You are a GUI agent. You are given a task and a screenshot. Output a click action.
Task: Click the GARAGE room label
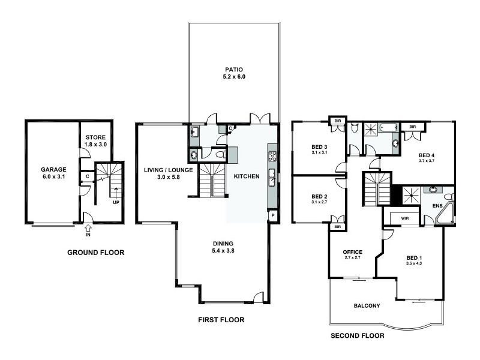coord(53,169)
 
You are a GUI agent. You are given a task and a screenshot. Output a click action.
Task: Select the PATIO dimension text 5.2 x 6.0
coord(234,77)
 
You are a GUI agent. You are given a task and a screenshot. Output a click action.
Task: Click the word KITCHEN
coord(247,176)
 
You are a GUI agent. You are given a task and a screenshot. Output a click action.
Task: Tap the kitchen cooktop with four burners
coord(272,157)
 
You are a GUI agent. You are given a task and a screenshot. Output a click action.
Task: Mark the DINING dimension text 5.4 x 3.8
coord(223,251)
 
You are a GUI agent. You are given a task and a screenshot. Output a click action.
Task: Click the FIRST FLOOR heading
coord(221,320)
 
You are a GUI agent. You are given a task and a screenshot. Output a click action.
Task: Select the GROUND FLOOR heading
coord(95,253)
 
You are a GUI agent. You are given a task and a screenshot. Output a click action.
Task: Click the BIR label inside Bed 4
coord(413,127)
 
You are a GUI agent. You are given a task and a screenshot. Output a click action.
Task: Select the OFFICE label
coord(352,251)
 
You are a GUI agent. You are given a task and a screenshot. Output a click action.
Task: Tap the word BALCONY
coord(367,305)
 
